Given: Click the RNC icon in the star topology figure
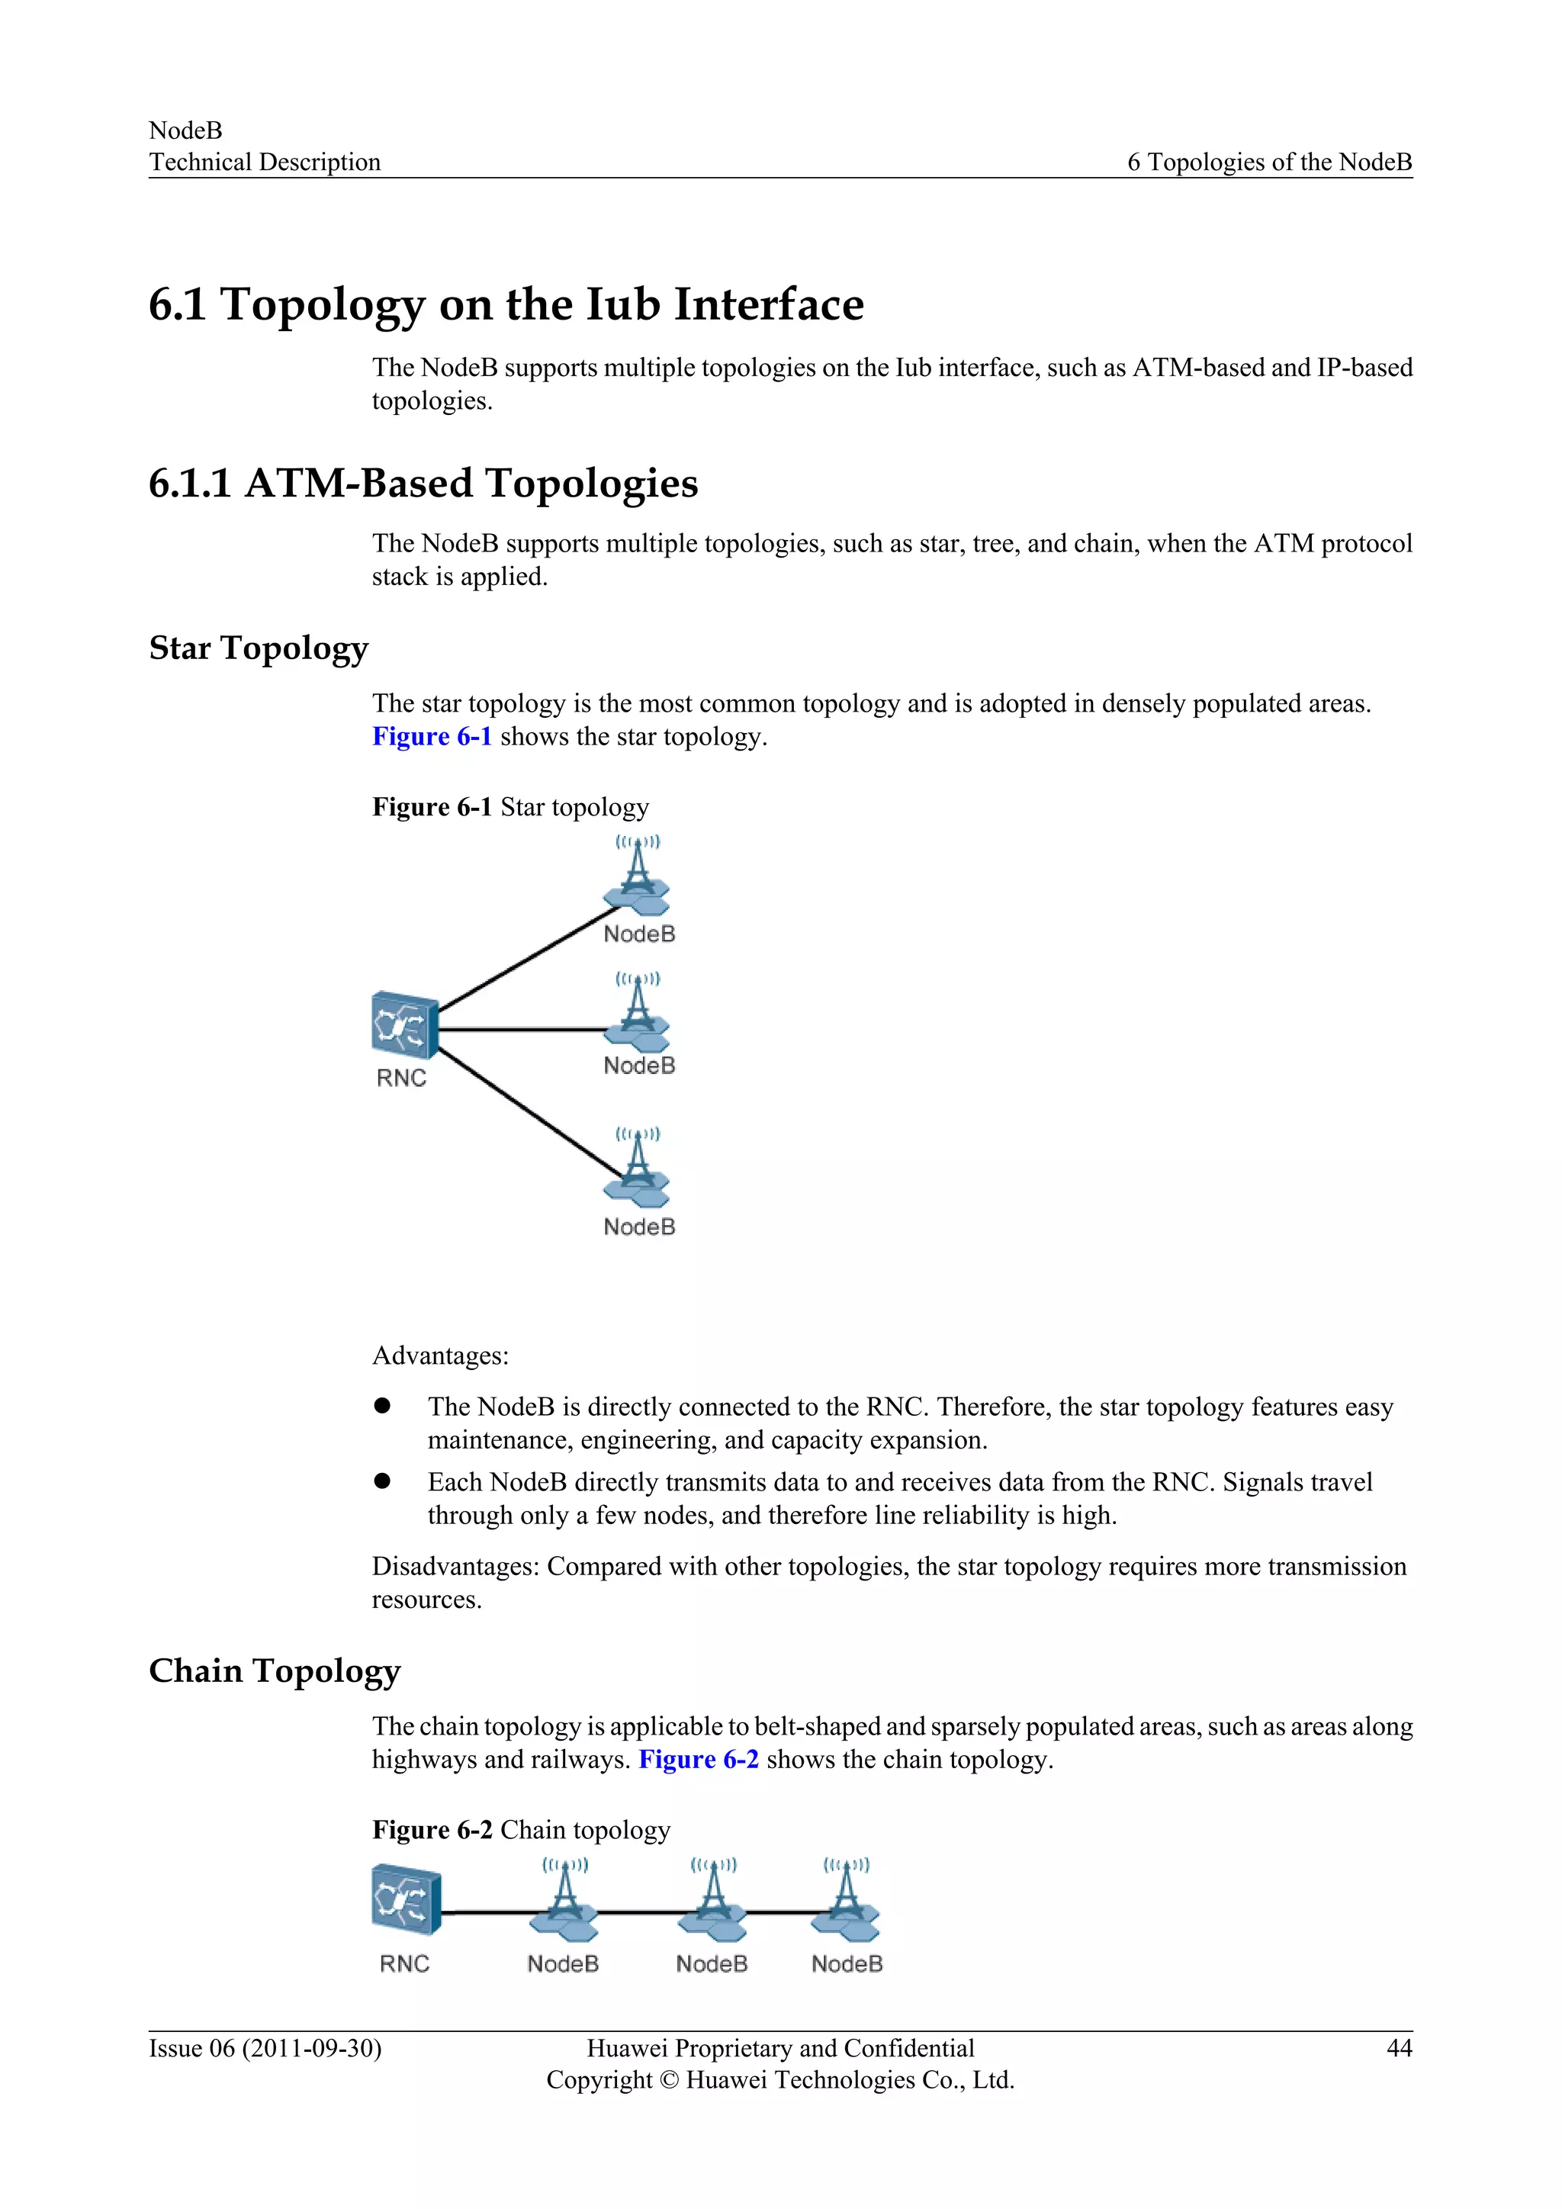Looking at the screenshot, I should click(405, 1024).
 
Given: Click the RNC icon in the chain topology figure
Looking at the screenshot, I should click(406, 1899).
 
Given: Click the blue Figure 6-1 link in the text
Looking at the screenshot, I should click(432, 737).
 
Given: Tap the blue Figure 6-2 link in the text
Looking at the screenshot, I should click(699, 1760).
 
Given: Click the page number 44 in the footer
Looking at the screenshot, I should click(1399, 2048).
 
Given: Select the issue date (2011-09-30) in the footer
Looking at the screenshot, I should click(312, 2048).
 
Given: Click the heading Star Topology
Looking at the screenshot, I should click(259, 648).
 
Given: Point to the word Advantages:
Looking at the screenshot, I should click(441, 1355).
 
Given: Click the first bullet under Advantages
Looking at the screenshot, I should click(383, 1407).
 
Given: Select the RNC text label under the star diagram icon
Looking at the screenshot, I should click(401, 1079).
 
